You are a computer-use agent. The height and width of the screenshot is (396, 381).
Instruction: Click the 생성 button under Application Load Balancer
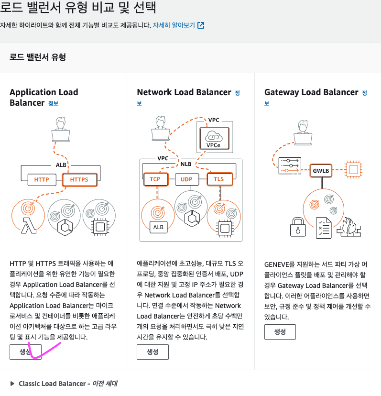[25, 352]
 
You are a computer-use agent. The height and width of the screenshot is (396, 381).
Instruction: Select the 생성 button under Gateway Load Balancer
[280, 331]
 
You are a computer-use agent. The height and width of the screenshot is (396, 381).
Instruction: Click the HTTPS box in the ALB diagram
[79, 180]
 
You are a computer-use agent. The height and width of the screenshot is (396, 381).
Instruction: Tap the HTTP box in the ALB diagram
[42, 180]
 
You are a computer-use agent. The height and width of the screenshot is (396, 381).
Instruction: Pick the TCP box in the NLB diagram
[155, 179]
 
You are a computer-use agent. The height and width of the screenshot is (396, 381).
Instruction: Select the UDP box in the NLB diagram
[186, 179]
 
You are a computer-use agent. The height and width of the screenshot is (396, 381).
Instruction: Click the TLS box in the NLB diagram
[218, 179]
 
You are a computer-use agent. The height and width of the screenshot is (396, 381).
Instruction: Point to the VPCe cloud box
[213, 138]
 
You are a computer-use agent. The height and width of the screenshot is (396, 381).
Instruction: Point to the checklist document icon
[324, 227]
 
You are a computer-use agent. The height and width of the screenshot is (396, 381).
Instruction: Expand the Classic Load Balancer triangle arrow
[12, 384]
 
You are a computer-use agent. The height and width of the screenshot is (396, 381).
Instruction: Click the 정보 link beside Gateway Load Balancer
[365, 92]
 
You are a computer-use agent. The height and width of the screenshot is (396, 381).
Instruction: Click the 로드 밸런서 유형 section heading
[37, 57]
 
